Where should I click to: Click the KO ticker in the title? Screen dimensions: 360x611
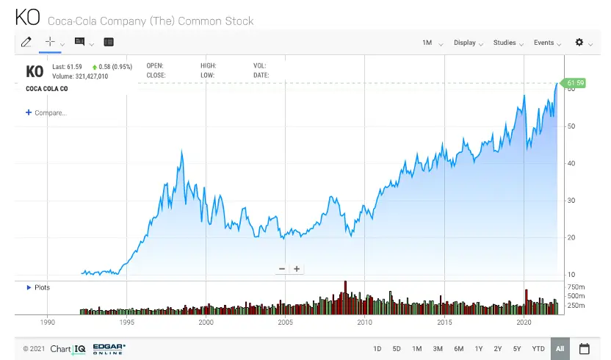tap(29, 19)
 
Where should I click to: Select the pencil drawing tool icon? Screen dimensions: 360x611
tap(26, 43)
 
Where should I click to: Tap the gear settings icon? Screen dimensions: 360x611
tap(579, 43)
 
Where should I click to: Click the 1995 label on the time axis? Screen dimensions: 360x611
tap(126, 323)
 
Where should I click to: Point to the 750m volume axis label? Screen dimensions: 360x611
tap(576, 287)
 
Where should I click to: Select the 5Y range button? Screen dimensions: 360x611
tap(517, 348)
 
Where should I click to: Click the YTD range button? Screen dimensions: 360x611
tap(538, 348)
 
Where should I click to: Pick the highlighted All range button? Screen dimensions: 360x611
tap(560, 348)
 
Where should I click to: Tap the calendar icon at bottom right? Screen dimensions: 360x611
tap(585, 348)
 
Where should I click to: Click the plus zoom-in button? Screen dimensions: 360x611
tap(297, 269)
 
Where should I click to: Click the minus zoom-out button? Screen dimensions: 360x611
tap(282, 269)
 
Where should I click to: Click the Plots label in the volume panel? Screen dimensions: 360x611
tap(42, 287)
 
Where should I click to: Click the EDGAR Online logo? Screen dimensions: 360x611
tap(109, 348)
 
